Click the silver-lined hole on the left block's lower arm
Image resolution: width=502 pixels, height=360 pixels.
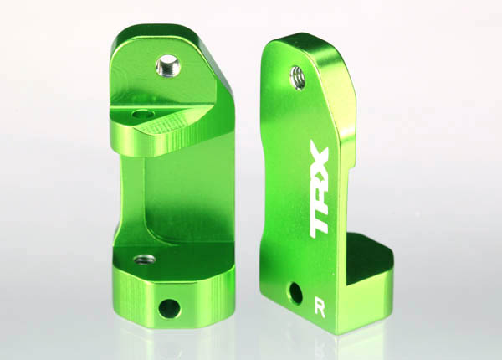(136, 260)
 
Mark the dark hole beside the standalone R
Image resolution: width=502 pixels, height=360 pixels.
(295, 293)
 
